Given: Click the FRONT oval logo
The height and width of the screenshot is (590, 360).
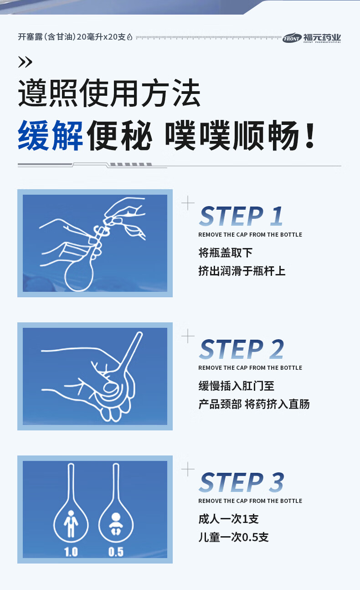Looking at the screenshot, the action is pos(292,38).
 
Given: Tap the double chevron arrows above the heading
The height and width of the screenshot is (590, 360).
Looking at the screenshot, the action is pos(25,62).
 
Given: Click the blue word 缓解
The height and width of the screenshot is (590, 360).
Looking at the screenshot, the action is pos(50,135).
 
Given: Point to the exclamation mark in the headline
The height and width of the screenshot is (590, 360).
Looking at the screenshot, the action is pos(310,135).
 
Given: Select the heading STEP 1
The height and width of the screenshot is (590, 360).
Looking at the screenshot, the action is pos(241,216).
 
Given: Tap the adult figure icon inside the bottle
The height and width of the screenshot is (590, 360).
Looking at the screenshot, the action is pos(71,524).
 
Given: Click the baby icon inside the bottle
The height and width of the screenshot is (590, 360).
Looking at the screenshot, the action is pos(116,524).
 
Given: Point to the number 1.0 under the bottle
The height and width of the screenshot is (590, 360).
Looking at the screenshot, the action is pos(71,552).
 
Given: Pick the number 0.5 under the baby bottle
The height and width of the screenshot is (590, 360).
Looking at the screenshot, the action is pos(116,552).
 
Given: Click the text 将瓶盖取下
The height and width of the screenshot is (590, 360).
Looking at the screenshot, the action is pos(226,253).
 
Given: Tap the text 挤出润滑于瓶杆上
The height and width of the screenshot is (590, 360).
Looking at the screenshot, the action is pos(242,271).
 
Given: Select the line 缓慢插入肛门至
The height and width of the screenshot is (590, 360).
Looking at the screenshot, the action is pos(237,386).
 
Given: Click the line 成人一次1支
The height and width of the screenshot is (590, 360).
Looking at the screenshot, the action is pos(228,519).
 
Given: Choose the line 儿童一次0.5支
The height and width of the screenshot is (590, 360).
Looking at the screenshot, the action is pos(233,537).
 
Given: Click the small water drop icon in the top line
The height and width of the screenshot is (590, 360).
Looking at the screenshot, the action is pos(129,37).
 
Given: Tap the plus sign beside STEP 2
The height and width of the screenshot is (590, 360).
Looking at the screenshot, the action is pos(188,336).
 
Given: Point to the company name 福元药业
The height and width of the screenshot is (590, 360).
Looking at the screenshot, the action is pos(322,37).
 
